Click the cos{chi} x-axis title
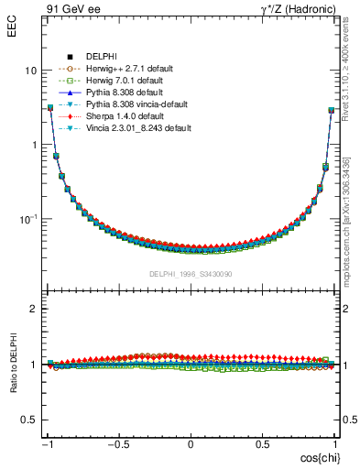(x=316, y=457)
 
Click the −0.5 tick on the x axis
(x=118, y=445)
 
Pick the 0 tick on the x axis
(x=191, y=445)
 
